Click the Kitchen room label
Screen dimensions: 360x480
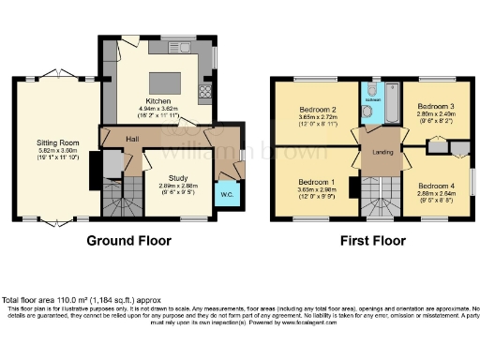tap(156, 101)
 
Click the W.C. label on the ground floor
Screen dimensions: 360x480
tap(226, 194)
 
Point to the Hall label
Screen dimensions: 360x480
tap(133, 139)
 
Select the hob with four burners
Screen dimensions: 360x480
tap(203, 91)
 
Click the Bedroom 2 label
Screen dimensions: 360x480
tap(311, 109)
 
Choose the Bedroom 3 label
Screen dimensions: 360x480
tap(434, 107)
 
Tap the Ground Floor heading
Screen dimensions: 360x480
tap(129, 240)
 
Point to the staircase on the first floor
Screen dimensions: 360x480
tap(378, 198)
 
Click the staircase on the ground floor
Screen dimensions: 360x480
tap(120, 198)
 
